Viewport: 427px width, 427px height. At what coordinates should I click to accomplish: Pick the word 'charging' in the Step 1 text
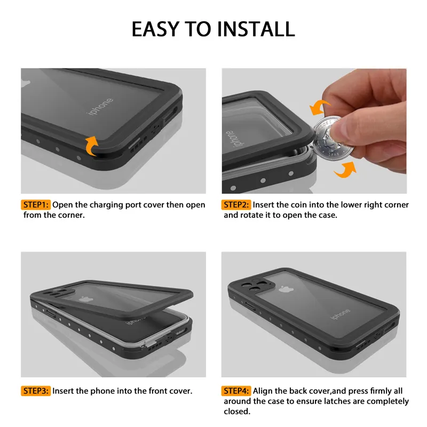[x=107, y=205]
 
